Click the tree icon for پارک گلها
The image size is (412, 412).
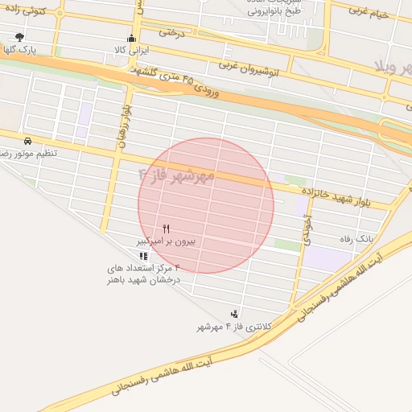coord(19,37)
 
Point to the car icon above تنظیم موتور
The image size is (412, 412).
coord(28,140)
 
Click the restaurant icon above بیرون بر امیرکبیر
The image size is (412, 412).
coord(166,229)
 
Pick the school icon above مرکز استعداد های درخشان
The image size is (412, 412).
coord(144,257)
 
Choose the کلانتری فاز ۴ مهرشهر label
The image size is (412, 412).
coord(235,327)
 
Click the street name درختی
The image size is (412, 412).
coord(172,33)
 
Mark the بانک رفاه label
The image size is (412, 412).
coord(366,238)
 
